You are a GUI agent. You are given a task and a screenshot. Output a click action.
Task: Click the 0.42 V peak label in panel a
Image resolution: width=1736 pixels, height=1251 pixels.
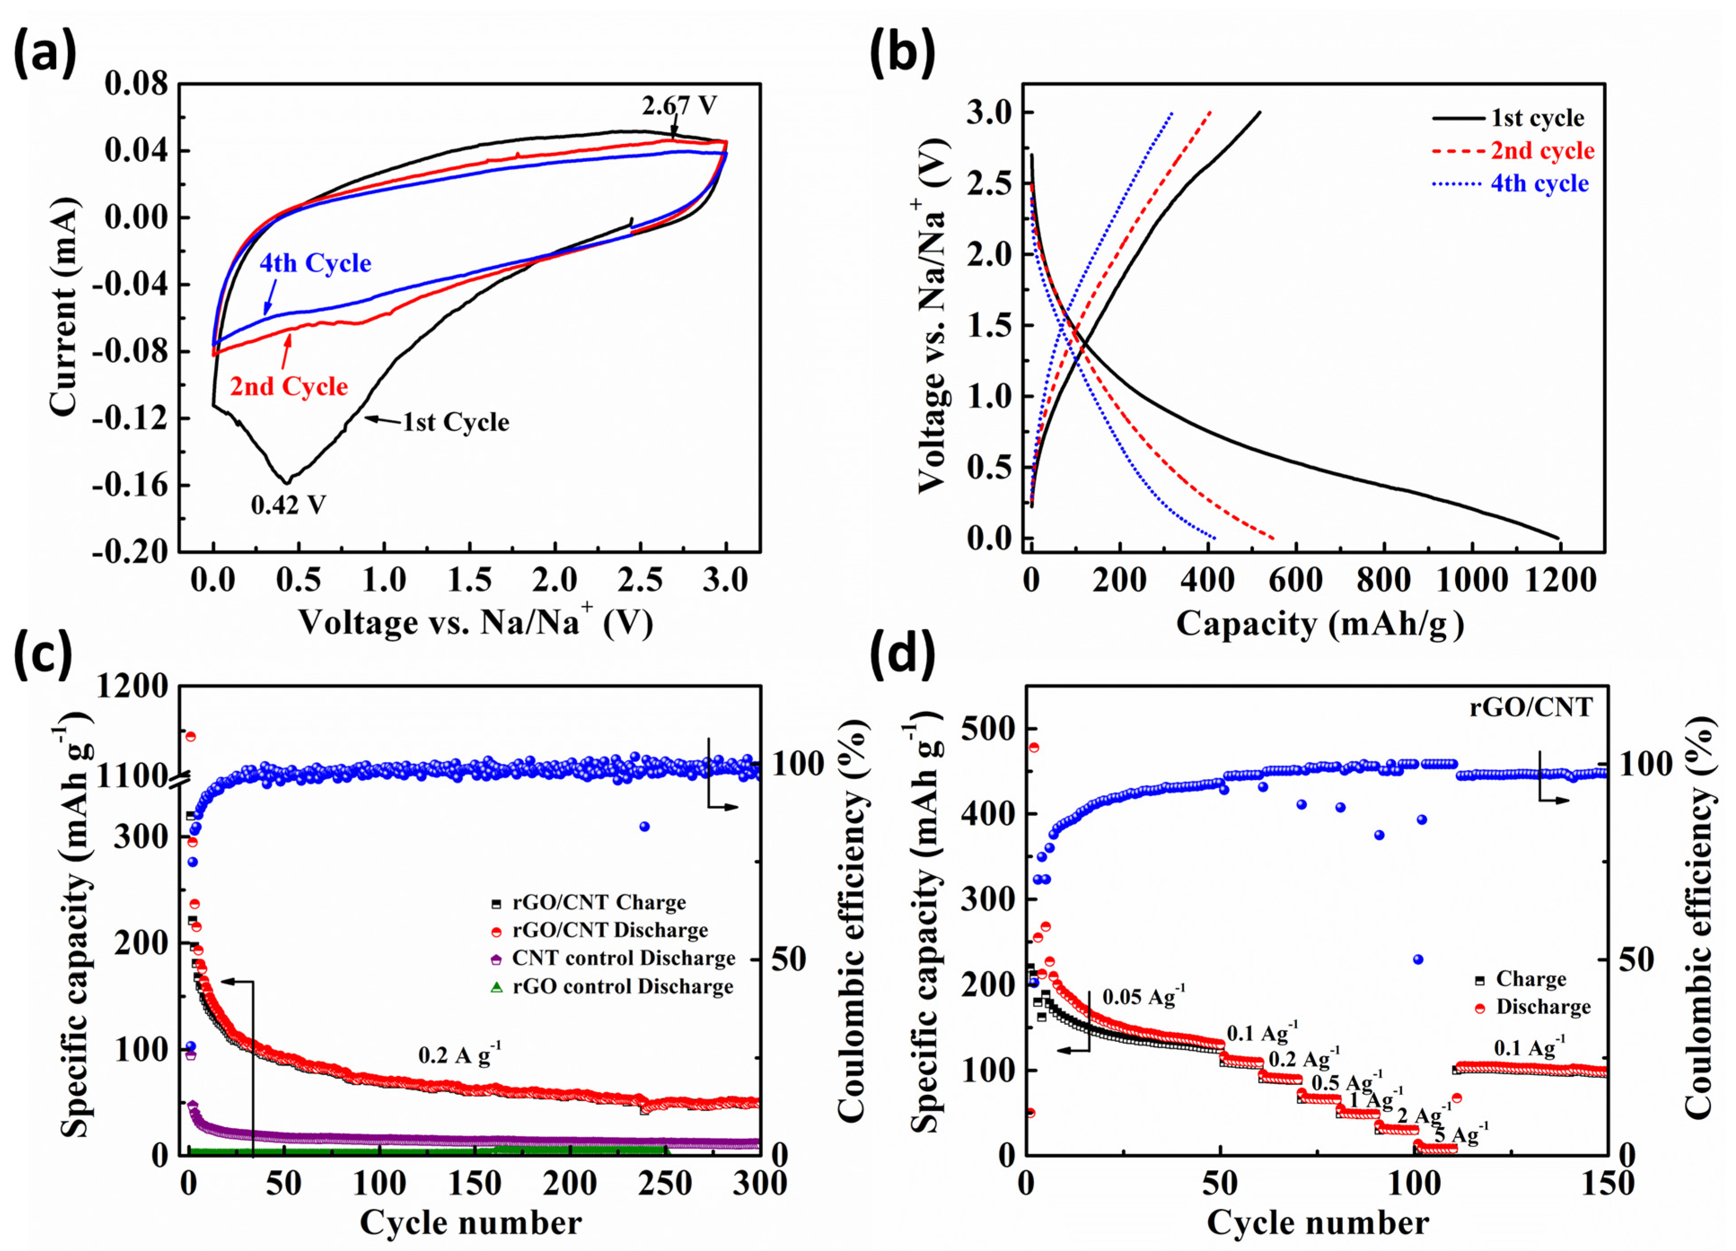point(289,505)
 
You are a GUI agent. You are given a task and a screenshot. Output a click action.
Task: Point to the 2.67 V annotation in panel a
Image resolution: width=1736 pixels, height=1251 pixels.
point(679,105)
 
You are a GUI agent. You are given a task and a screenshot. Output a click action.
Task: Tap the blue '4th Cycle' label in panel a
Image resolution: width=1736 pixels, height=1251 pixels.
point(316,263)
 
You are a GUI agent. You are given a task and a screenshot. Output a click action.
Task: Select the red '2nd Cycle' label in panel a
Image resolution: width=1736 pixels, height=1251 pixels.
point(289,386)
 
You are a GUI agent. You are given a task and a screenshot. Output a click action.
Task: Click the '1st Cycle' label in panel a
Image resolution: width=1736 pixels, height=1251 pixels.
point(456,422)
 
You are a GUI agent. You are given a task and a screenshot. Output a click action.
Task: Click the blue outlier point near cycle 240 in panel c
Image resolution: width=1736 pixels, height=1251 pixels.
point(644,827)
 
